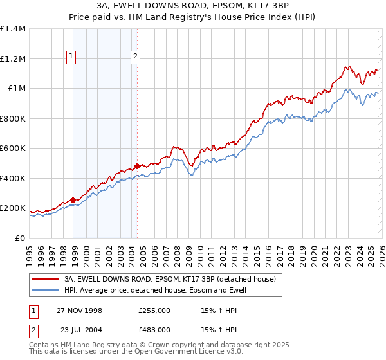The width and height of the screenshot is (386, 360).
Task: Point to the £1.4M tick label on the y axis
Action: [x=13, y=29]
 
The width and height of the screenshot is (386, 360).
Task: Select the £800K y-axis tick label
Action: [x=13, y=118]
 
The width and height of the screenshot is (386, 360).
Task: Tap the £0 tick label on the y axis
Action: [x=20, y=238]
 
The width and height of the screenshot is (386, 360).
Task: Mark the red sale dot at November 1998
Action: [x=73, y=200]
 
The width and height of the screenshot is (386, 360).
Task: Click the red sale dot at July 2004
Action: [x=138, y=166]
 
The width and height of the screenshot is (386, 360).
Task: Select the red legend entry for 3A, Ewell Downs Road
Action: [x=170, y=279]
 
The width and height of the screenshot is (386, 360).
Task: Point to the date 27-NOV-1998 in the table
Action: [x=80, y=310]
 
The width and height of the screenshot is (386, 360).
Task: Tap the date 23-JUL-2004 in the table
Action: [x=79, y=329]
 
